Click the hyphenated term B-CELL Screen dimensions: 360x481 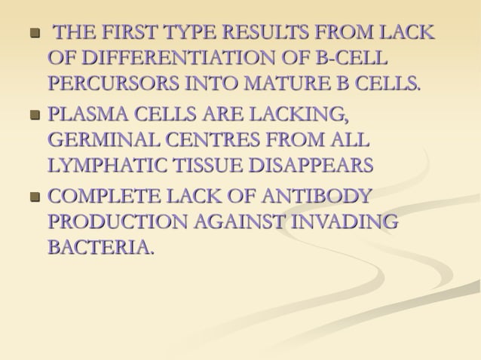(355, 57)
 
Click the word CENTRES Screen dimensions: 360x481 (213, 140)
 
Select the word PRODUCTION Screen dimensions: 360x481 (115, 222)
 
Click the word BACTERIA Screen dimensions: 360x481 (100, 246)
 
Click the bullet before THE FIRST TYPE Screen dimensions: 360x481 (33, 35)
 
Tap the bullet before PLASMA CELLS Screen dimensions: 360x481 (33, 117)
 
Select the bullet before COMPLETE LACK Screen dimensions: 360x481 (33, 200)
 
